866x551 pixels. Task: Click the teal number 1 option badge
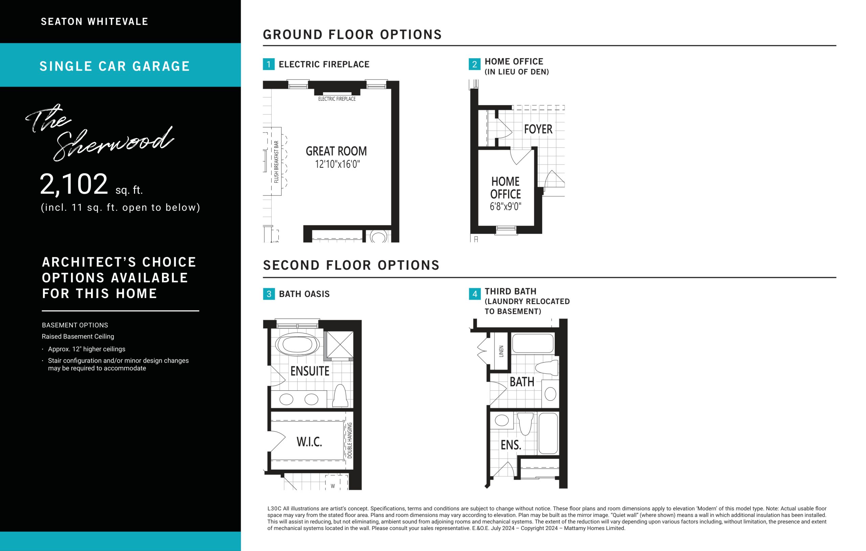(x=269, y=64)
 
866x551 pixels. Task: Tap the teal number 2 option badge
(x=474, y=64)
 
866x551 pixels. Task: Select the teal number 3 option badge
(x=269, y=294)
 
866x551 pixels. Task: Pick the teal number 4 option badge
(x=475, y=294)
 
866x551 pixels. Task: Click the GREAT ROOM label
(x=336, y=151)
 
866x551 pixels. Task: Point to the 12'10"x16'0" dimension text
(x=337, y=164)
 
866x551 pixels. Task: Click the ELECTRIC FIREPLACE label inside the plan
(x=337, y=99)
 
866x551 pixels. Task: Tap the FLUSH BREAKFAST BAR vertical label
(x=276, y=162)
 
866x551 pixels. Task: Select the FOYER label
(x=538, y=129)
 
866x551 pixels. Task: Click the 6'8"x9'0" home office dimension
(x=505, y=206)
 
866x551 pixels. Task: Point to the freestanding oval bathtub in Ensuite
(x=297, y=345)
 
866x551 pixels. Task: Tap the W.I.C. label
(x=309, y=442)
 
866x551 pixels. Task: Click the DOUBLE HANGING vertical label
(x=349, y=440)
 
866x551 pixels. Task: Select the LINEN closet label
(x=501, y=351)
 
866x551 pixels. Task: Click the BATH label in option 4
(x=522, y=382)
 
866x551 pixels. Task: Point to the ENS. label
(x=511, y=445)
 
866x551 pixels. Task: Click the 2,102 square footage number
(x=74, y=184)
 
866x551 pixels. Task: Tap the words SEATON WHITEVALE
(x=95, y=22)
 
